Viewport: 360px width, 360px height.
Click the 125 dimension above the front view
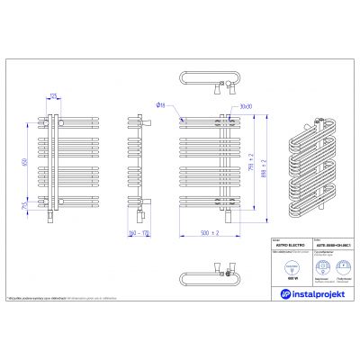pyautogui.click(x=54, y=94)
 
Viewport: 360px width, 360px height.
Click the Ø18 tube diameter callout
pyautogui.click(x=158, y=104)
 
